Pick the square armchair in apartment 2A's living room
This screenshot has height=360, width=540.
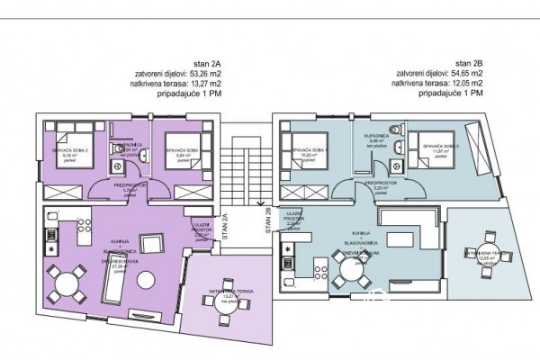click(150, 244)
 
